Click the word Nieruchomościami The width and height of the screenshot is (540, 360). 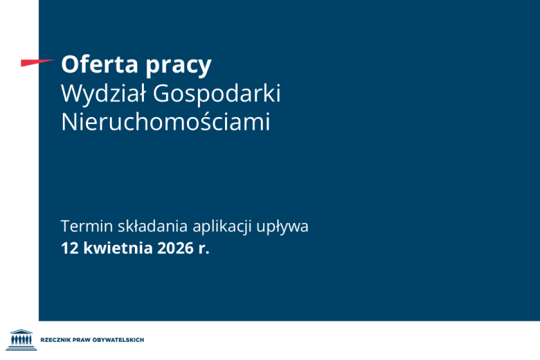[165, 123]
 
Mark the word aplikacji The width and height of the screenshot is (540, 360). [223, 227]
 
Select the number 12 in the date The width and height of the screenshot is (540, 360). [69, 248]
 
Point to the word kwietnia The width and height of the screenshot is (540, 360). [116, 248]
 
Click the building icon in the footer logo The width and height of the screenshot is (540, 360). [23, 339]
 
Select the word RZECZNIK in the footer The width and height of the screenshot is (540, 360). [59, 340]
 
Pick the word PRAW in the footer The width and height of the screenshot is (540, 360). [89, 340]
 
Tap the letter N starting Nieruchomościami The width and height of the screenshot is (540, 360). [69, 123]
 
